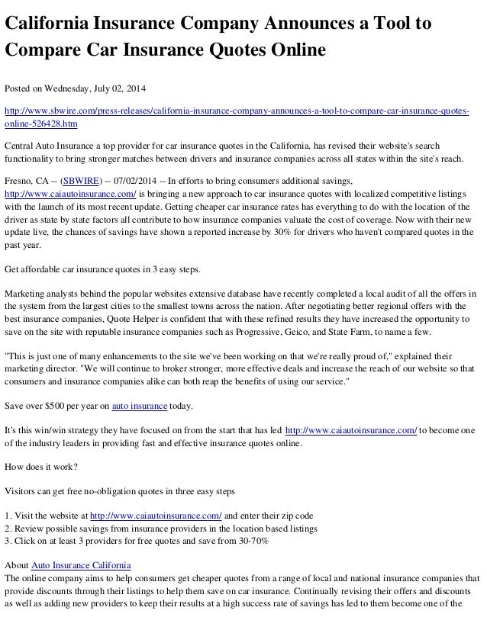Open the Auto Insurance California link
coord(81,565)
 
